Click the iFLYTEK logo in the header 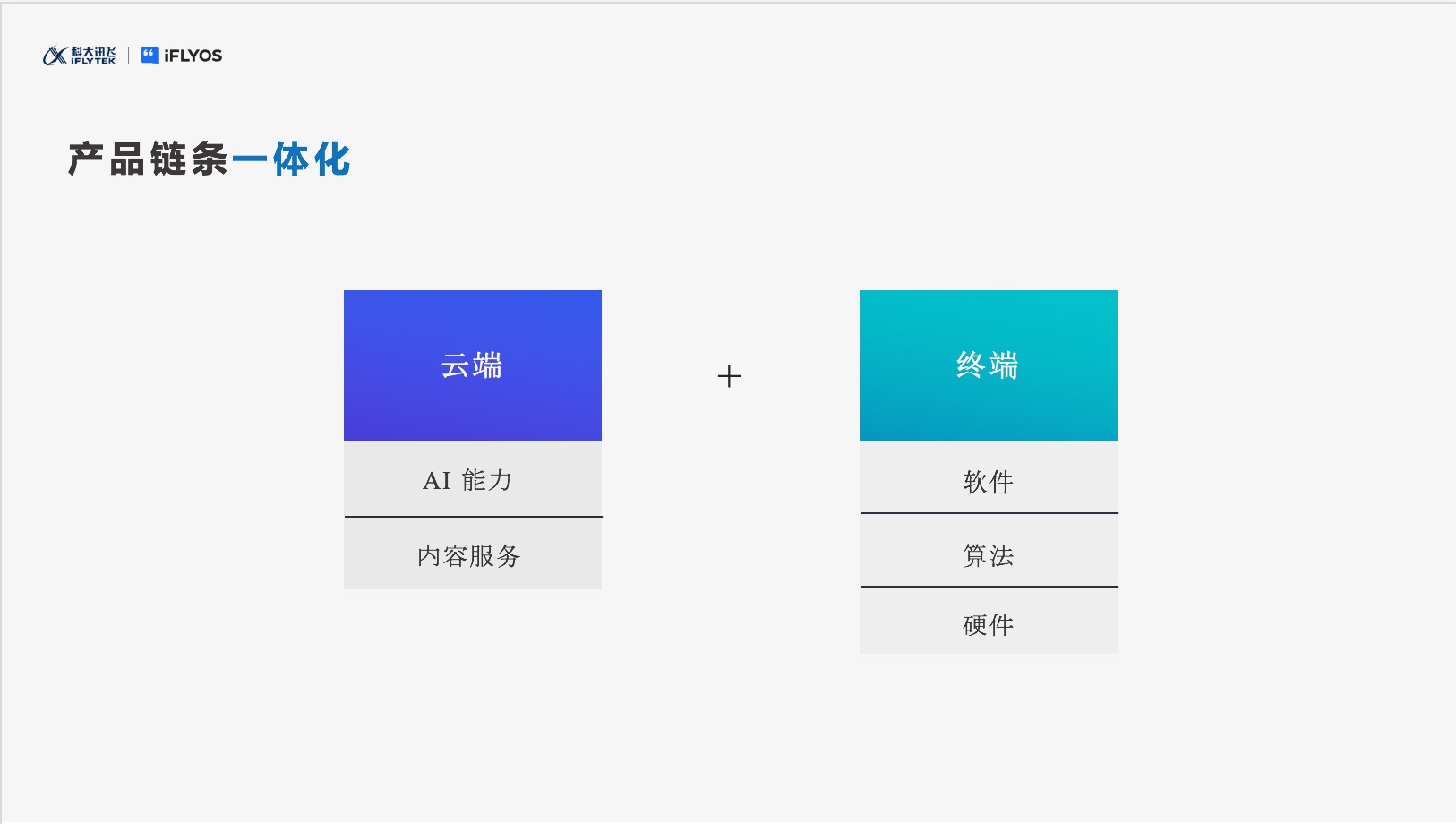(80, 56)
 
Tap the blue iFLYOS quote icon (150, 56)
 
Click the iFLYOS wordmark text (193, 56)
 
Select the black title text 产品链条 (149, 159)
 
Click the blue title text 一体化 (291, 159)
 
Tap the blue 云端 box (473, 365)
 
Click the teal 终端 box (988, 365)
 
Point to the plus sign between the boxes (729, 376)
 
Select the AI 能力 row (473, 478)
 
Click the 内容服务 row (473, 554)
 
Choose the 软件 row (988, 476)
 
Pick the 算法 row (988, 550)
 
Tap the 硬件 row (988, 621)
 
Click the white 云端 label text (472, 365)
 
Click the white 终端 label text (988, 365)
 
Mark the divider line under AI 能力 (473, 517)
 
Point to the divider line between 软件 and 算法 (989, 513)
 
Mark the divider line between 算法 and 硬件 (989, 587)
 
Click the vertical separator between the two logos (128, 56)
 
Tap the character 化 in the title (332, 159)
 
